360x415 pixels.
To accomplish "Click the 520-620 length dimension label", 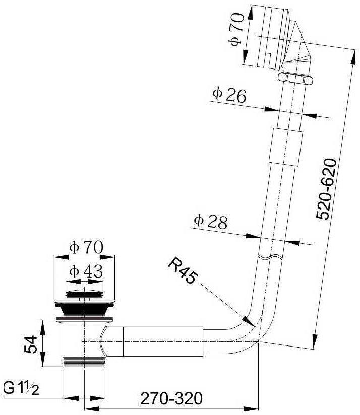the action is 326,189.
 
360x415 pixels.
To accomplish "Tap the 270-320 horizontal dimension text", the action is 171,398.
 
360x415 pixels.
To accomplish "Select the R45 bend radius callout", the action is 184,271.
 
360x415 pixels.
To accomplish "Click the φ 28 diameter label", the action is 211,222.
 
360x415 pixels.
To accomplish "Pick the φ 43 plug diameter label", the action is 86,271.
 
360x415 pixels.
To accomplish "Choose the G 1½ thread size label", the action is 22,389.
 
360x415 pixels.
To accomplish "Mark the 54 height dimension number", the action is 30,344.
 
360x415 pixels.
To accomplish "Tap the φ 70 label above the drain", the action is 86,247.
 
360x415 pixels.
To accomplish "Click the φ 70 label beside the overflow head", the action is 236,30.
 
